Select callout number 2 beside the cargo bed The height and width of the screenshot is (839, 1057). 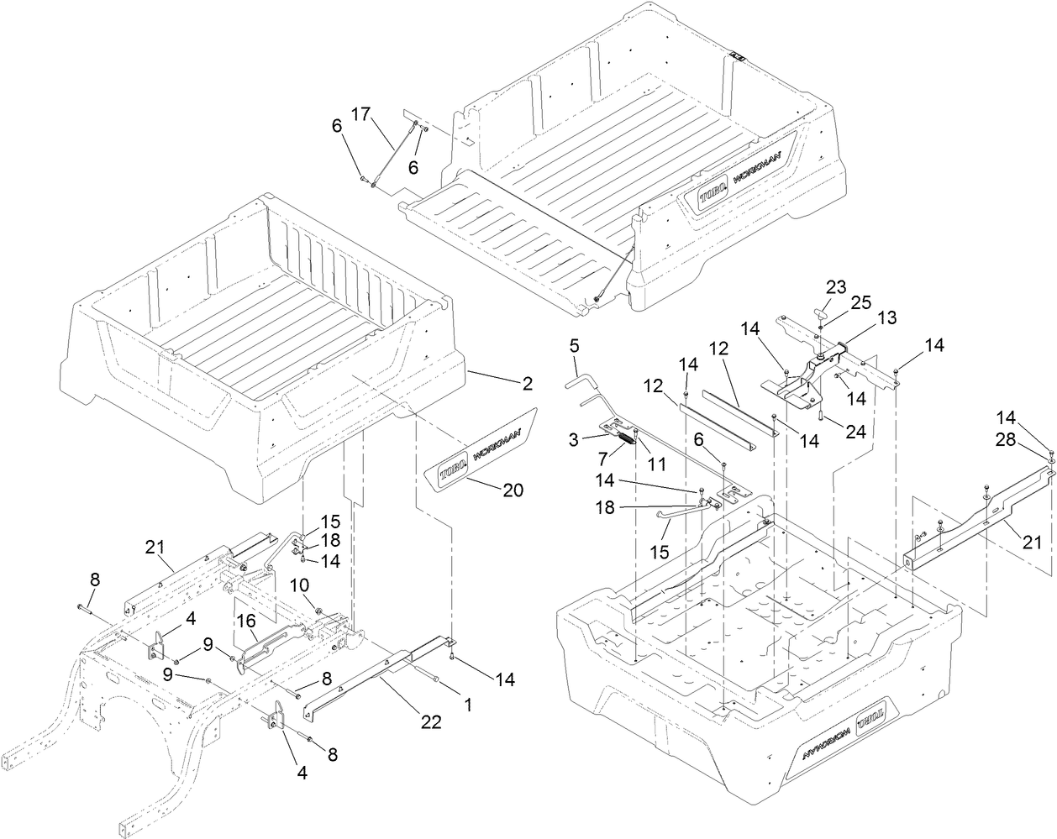(527, 384)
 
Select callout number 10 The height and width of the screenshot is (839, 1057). (300, 584)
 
